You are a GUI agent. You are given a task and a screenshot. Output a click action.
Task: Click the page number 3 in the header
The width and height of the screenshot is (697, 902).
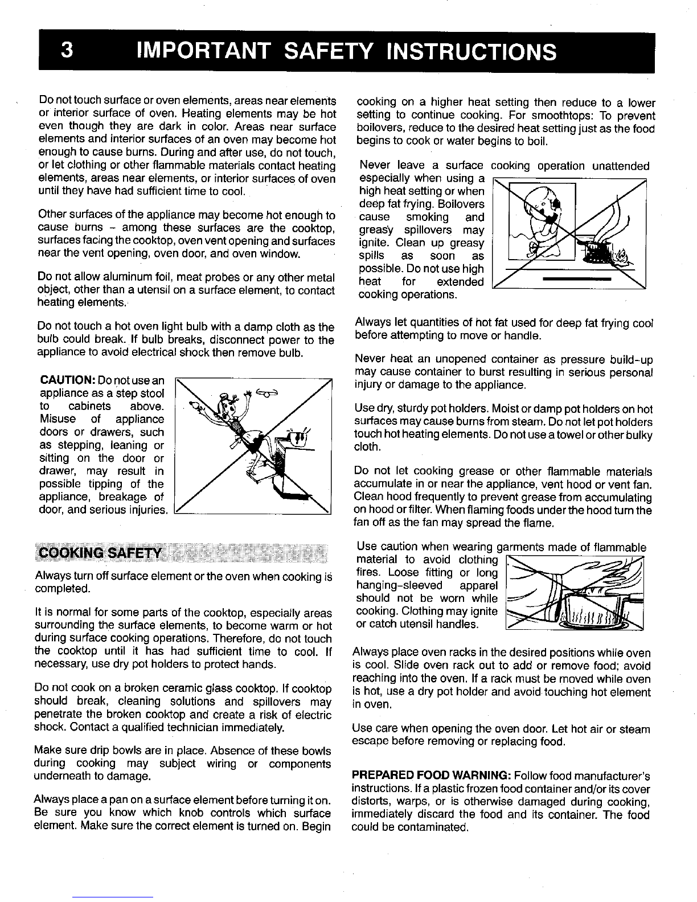click(x=67, y=51)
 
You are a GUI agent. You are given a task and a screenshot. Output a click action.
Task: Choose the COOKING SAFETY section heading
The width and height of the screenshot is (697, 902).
click(x=99, y=553)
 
